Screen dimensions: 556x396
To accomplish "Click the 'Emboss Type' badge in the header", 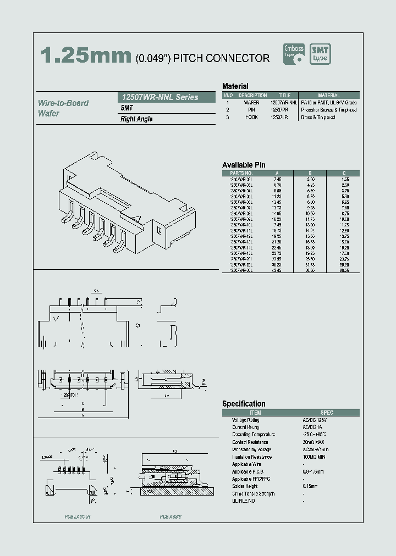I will tap(293, 54).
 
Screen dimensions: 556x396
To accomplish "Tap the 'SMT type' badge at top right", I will tap(320, 54).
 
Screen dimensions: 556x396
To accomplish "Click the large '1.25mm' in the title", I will tap(85, 56).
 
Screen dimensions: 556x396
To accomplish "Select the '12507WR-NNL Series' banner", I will tap(159, 97).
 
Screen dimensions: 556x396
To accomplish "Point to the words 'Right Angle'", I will tap(136, 119).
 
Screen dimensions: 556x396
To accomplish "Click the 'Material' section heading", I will tap(235, 86).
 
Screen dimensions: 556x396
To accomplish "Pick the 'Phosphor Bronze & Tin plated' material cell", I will tap(329, 110).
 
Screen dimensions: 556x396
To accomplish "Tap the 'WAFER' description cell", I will tap(251, 103).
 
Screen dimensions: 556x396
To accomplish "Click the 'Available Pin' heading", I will tap(244, 165).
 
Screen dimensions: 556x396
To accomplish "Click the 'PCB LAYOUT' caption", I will tap(78, 517).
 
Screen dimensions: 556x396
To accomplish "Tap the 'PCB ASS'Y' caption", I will tap(170, 517).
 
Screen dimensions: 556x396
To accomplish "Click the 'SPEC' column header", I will tap(327, 413).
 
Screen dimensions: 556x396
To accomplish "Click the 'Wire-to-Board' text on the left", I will tap(63, 103).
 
